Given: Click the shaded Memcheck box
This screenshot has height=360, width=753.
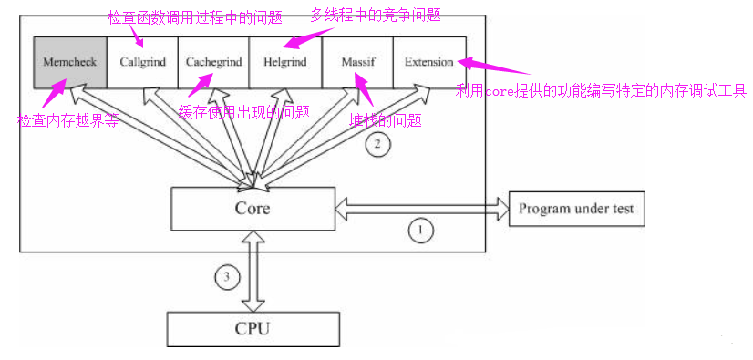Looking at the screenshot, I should [70, 62].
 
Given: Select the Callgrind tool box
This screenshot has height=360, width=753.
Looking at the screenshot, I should [142, 62].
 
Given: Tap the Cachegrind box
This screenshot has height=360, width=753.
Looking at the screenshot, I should [213, 62].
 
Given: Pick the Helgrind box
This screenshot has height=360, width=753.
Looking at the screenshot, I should [284, 62].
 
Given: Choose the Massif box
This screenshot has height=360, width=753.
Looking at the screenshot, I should [357, 62].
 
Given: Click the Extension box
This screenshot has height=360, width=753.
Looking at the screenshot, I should [429, 62].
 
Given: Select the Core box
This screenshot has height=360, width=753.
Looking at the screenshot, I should [253, 209].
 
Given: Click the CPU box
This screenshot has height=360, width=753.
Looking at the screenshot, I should [253, 326].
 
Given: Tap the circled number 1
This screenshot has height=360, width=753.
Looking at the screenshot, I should [419, 231].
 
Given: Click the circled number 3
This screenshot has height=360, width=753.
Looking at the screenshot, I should [228, 274].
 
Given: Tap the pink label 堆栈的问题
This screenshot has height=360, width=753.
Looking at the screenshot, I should [386, 120].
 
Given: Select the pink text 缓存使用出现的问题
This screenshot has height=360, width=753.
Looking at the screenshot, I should [243, 112].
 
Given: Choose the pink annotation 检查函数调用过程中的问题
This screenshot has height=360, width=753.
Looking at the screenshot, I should [195, 15].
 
